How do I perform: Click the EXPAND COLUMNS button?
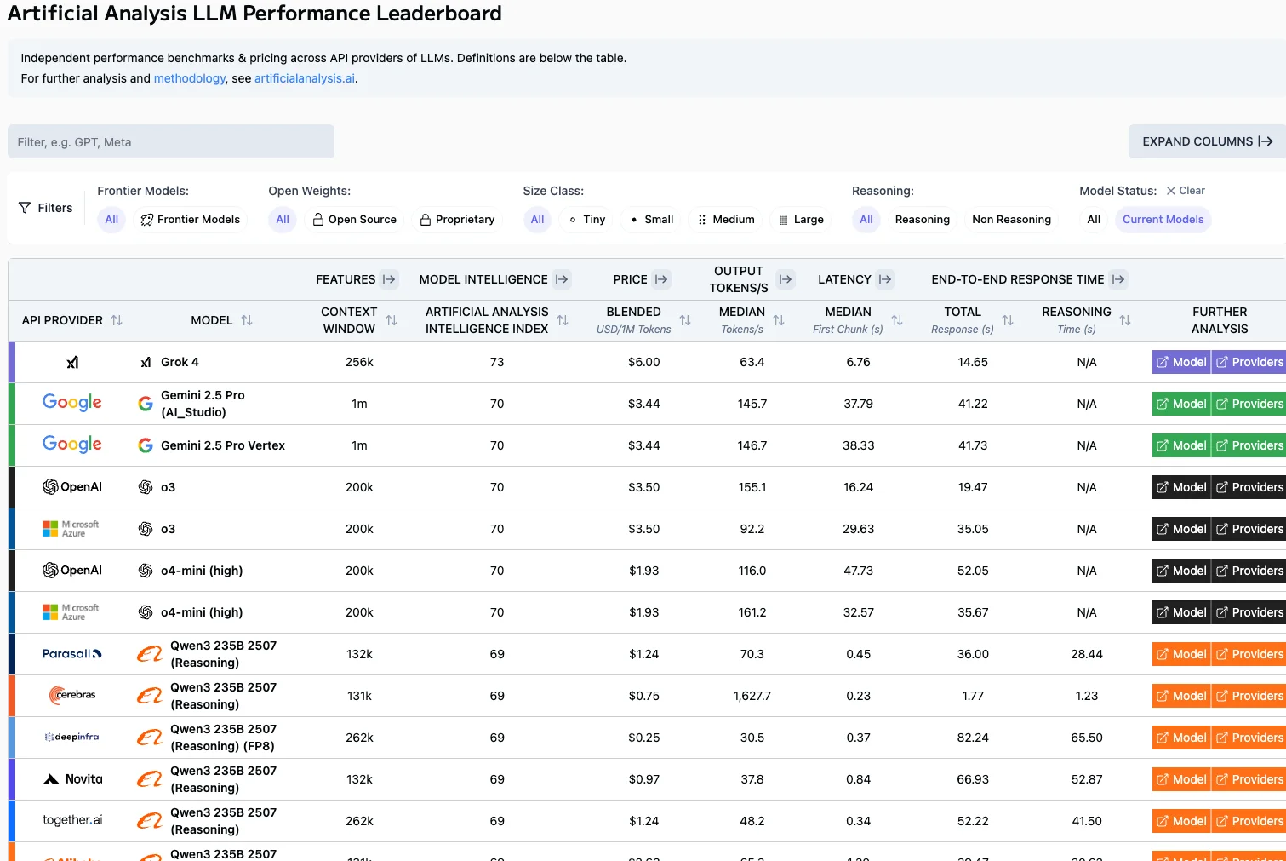[1207, 141]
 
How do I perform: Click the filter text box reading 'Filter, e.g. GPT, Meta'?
[170, 142]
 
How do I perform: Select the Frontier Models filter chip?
[191, 220]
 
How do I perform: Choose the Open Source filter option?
[354, 220]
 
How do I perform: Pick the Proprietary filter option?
[457, 220]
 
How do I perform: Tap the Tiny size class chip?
[587, 220]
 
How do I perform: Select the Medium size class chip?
[725, 220]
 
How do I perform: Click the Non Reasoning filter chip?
[1011, 220]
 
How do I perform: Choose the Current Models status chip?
[1163, 220]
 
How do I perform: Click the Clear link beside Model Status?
[1186, 191]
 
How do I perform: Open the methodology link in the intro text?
[189, 78]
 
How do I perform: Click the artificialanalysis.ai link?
[305, 78]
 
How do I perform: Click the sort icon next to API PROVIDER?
[117, 320]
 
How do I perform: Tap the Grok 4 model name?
[180, 362]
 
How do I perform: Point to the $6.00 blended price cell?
[643, 362]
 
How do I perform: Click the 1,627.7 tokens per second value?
[752, 696]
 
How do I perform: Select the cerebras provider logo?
[72, 695]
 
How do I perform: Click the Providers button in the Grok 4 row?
[1249, 362]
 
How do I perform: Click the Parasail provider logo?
[72, 654]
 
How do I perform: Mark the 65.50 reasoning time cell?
[1086, 738]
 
